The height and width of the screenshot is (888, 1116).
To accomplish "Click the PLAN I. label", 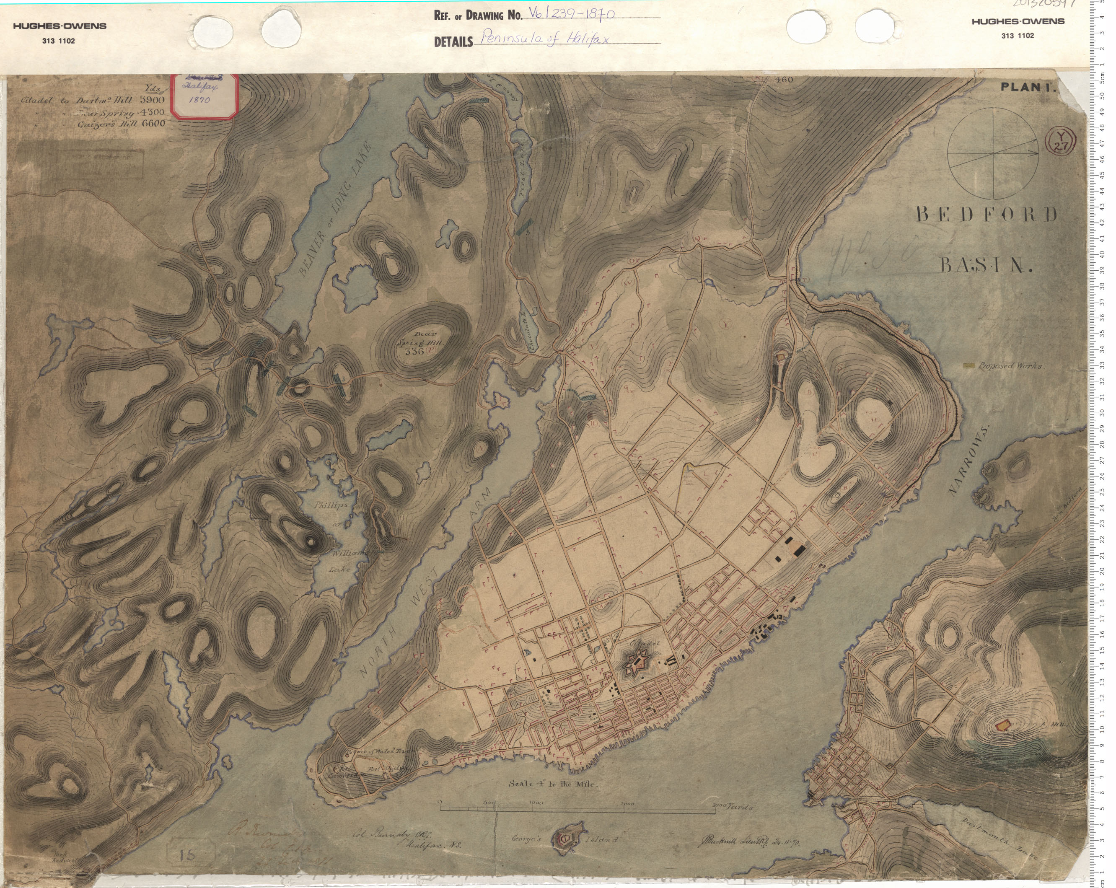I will pos(1028,88).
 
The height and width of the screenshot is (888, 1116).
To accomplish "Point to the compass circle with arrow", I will pos(993,154).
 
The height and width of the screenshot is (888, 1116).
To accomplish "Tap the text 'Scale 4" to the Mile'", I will pos(553,784).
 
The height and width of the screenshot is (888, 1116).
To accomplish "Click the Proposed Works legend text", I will pos(1010,366).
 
